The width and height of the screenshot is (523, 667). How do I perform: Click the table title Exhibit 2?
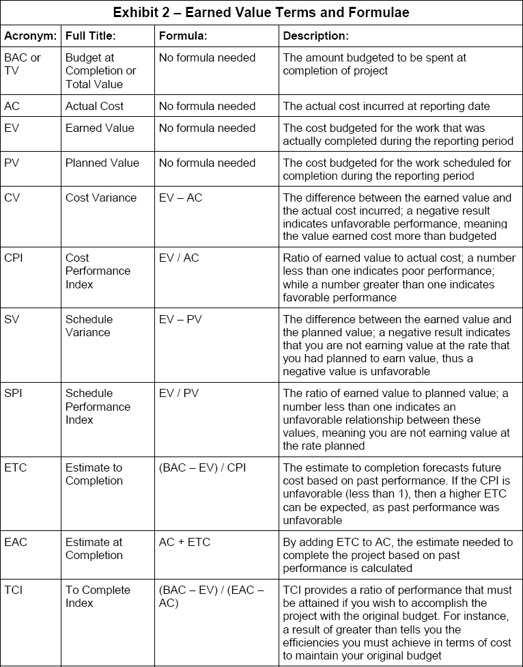[261, 12]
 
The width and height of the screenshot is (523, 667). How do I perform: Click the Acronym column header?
[30, 36]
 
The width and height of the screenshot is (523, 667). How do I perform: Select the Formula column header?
[183, 36]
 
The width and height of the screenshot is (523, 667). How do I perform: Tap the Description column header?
[315, 36]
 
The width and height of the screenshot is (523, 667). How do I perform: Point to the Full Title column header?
[91, 36]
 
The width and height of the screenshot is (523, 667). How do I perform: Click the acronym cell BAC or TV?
[23, 64]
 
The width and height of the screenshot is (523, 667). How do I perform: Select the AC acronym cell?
[12, 106]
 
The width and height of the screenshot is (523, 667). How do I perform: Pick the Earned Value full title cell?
[100, 128]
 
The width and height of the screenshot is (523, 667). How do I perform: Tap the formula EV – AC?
[180, 198]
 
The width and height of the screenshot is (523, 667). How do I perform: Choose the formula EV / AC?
[179, 258]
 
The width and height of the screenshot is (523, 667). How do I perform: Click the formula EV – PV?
[180, 319]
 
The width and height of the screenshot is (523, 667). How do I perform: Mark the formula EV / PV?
[179, 393]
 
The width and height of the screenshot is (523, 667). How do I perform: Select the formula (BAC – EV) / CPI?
[202, 467]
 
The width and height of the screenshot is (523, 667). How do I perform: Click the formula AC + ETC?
[184, 542]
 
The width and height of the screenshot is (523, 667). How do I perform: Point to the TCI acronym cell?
[13, 590]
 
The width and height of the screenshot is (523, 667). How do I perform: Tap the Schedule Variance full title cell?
[87, 325]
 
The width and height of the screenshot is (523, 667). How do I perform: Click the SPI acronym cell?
[13, 393]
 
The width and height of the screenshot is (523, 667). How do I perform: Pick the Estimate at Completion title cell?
[94, 548]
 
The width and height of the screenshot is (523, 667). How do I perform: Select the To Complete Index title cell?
[93, 596]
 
